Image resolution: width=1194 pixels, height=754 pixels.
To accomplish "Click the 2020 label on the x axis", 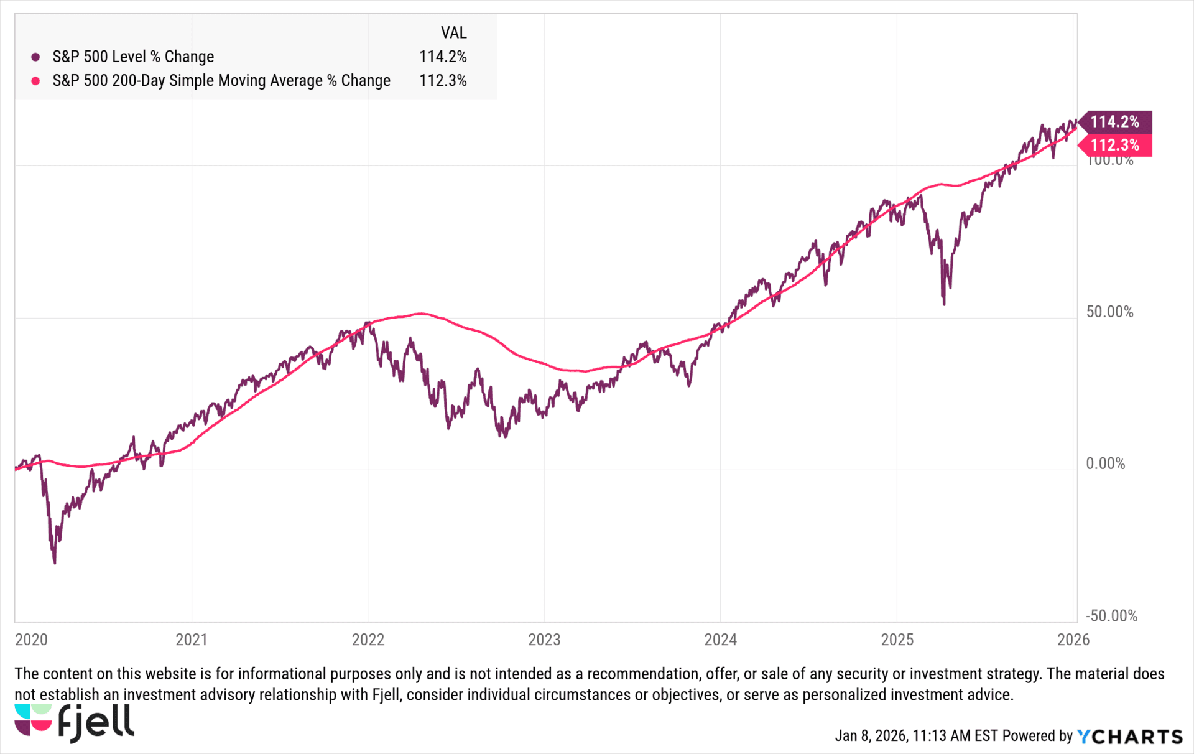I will (x=31, y=640).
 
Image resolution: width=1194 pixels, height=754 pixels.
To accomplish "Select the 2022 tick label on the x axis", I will (x=368, y=640).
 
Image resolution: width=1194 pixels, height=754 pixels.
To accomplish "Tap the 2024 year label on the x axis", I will (x=720, y=640).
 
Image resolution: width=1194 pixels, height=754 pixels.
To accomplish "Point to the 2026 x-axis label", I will (x=1073, y=640).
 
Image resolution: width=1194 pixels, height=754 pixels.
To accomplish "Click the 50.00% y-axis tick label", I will (x=1109, y=312).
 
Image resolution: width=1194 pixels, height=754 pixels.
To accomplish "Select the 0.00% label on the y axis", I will (x=1105, y=463).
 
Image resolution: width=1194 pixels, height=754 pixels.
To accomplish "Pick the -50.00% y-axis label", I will (x=1111, y=616).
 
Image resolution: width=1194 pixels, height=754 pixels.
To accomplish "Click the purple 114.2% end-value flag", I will (x=1115, y=122).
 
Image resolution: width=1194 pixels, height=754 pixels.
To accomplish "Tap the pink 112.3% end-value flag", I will (x=1115, y=146).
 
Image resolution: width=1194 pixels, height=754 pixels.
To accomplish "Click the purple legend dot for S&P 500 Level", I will (x=36, y=57).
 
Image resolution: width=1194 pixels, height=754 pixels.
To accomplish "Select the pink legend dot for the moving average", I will (x=36, y=81).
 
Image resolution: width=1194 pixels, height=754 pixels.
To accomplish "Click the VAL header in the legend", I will (x=453, y=32).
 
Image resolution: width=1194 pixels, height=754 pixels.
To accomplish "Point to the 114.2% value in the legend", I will (x=443, y=57).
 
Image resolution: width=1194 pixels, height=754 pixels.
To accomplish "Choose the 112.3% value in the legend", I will (x=443, y=81).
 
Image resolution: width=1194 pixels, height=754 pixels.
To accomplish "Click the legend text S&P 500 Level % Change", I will (x=133, y=57).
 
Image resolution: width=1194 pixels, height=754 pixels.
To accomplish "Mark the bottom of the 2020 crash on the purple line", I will (x=55, y=562).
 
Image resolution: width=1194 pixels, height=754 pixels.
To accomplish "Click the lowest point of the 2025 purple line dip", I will (x=944, y=304).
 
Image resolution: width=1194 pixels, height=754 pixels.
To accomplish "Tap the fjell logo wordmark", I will (x=96, y=724).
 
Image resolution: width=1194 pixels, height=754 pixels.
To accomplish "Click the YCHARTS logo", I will (x=1129, y=737).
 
